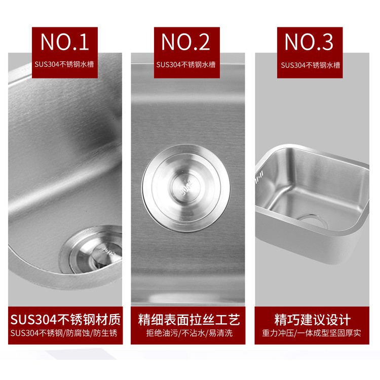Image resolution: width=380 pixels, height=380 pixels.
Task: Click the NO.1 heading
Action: click(65, 42)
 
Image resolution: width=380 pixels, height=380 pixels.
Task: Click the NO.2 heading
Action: click(185, 42)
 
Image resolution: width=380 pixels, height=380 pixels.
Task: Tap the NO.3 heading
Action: click(309, 42)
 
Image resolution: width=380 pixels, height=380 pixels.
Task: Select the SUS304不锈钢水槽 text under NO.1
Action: click(64, 64)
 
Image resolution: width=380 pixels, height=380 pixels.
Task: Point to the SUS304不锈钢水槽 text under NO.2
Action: click(186, 65)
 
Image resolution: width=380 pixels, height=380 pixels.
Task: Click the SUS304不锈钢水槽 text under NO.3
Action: click(311, 65)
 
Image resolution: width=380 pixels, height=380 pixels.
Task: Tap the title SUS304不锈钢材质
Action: click(65, 319)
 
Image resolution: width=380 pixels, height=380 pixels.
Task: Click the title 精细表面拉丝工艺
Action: click(189, 320)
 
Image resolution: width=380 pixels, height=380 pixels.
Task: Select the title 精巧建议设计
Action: click(313, 320)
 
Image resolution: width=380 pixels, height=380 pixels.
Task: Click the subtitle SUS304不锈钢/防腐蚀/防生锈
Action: click(64, 333)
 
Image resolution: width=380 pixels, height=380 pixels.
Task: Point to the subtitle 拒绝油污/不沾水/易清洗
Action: click(189, 333)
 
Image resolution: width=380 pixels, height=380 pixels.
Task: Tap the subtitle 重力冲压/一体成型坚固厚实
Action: click(312, 333)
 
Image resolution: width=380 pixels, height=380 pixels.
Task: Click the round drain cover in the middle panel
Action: click(186, 188)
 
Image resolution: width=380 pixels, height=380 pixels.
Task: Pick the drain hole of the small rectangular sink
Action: click(312, 221)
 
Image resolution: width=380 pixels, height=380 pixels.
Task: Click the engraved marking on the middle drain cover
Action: click(186, 188)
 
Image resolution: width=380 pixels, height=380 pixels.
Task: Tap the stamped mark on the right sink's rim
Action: click(259, 177)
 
